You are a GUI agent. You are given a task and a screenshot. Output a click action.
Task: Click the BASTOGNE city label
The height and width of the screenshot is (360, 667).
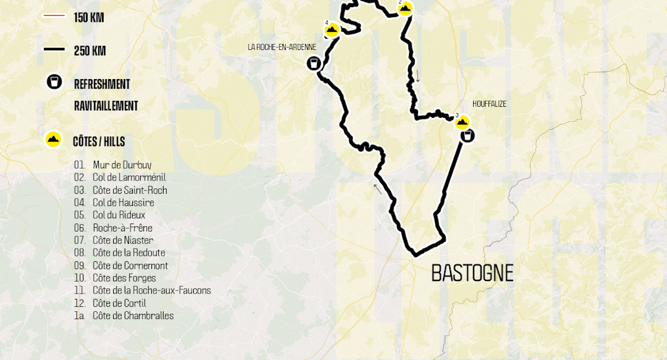tap(472, 273)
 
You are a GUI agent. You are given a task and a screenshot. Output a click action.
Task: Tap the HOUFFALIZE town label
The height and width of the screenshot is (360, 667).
tap(489, 104)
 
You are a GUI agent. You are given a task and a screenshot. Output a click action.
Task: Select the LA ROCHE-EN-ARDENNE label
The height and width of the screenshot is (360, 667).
tap(282, 47)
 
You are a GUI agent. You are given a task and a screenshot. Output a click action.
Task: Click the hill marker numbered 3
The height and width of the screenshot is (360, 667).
tap(463, 123)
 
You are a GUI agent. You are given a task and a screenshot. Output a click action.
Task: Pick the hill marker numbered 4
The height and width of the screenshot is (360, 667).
tap(332, 30)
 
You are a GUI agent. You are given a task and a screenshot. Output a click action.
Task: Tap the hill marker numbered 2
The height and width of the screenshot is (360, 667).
tap(405, 8)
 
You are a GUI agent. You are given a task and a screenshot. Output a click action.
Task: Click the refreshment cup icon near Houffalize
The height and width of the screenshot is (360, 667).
tap(467, 136)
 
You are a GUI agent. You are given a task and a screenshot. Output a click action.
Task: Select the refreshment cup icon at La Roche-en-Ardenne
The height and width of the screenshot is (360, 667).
tap(314, 64)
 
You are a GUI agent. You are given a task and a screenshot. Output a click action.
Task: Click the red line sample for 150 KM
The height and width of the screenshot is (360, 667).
tap(54, 16)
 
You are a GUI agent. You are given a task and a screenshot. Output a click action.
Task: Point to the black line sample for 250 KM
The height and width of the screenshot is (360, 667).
tap(54, 49)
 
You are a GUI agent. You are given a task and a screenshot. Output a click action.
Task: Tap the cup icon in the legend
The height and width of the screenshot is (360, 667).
tap(54, 82)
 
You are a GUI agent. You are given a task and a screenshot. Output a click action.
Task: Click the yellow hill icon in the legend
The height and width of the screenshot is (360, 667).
tap(53, 140)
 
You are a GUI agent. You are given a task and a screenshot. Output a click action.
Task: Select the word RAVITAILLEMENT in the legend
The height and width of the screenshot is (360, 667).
tap(106, 106)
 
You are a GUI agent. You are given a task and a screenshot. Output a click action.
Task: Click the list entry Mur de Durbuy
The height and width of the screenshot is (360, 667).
tap(122, 165)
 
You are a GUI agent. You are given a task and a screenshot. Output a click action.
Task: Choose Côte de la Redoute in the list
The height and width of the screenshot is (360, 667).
tap(129, 253)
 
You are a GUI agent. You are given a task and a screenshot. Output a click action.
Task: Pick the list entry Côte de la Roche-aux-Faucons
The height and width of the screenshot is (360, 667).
tap(151, 290)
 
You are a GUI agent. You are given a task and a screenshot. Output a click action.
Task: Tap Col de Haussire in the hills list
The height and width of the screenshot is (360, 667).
tap(123, 203)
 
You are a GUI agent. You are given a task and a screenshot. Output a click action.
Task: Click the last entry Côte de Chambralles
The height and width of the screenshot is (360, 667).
tap(133, 315)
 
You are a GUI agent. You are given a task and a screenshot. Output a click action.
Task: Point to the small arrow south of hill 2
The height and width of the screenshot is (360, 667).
tap(417, 76)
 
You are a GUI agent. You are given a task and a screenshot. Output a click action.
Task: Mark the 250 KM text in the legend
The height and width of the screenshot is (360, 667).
tap(90, 51)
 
